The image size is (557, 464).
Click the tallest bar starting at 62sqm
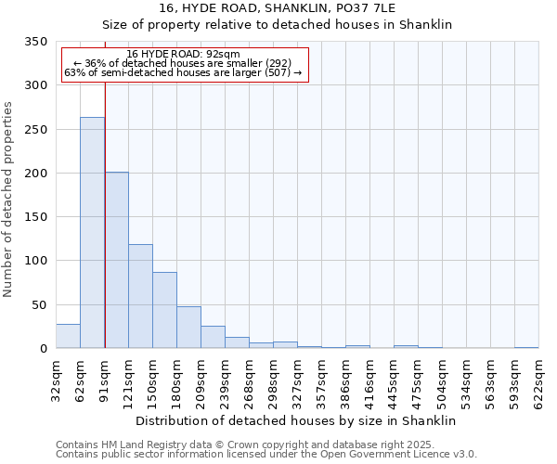(92, 232)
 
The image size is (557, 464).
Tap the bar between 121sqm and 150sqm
(141, 296)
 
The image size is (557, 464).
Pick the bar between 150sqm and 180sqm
(165, 310)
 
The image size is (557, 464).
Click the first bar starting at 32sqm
(68, 336)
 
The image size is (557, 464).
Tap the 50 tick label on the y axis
(40, 305)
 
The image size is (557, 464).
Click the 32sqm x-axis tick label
(56, 380)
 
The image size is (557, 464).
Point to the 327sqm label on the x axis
(297, 380)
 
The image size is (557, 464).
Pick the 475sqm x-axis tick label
(418, 380)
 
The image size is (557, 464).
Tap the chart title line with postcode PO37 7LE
(278, 7)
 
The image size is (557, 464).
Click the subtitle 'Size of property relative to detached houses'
(278, 25)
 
